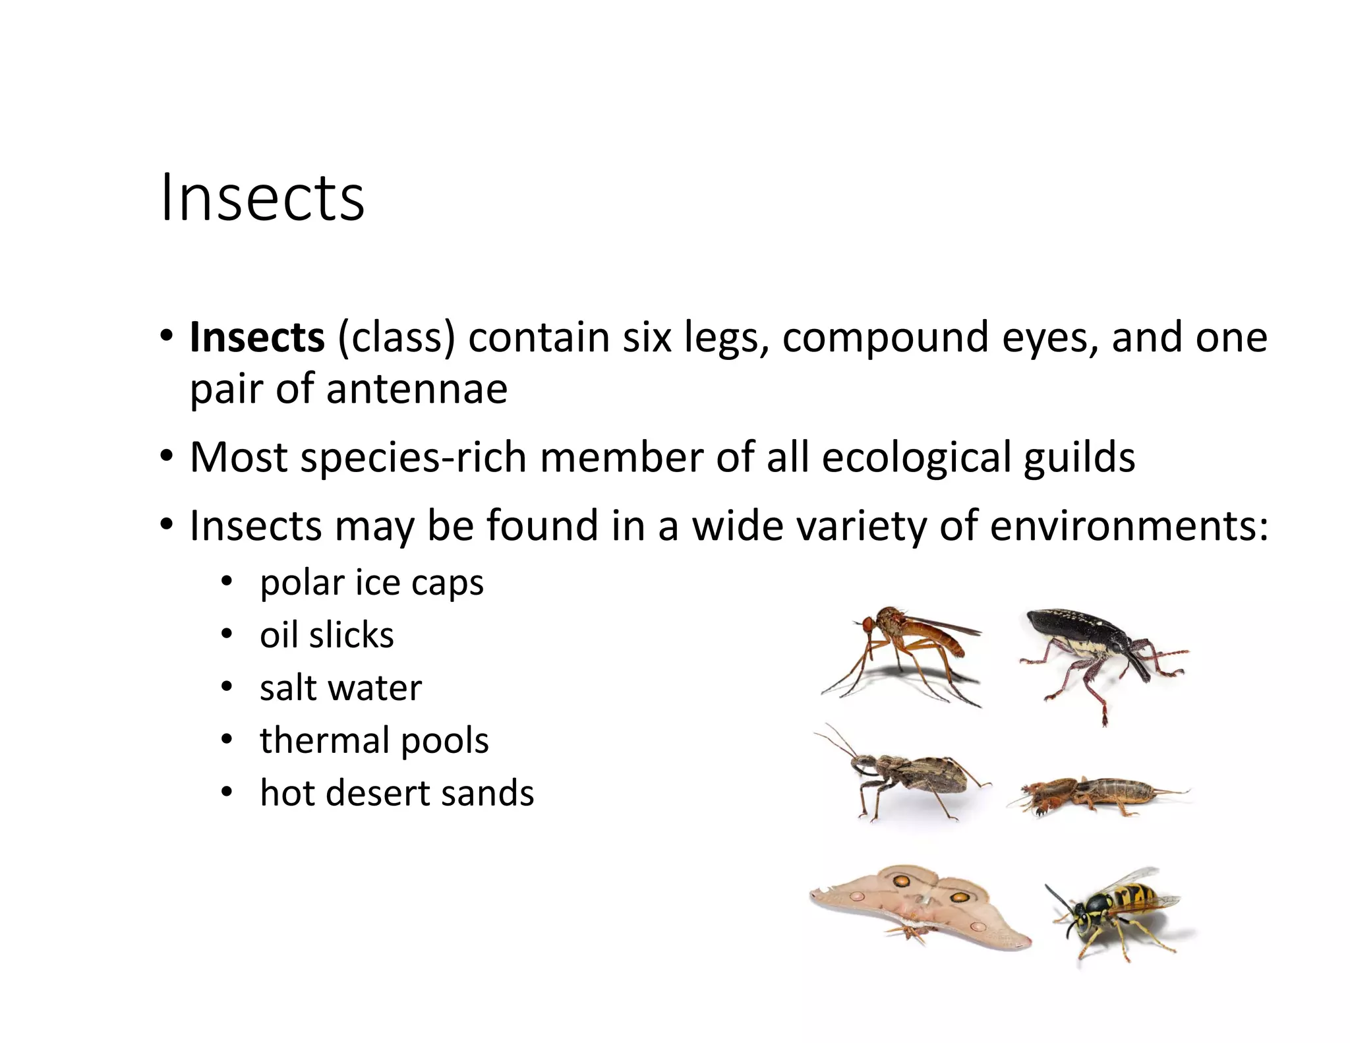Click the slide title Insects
262,198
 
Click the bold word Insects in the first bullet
257,338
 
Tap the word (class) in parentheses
396,338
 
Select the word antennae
417,389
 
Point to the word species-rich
413,458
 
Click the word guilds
1079,458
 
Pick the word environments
1128,526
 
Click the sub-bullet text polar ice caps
372,583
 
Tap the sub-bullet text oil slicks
327,636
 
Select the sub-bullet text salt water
341,688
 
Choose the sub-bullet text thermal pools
374,740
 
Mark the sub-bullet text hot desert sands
397,792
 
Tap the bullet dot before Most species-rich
166,456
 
